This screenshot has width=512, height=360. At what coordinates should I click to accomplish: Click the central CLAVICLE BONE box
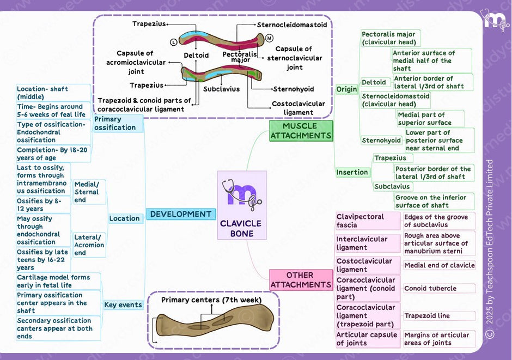(x=242, y=205)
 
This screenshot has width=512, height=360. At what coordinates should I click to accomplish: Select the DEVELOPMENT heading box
(x=180, y=214)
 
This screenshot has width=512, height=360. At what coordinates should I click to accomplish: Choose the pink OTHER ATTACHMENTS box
(x=301, y=280)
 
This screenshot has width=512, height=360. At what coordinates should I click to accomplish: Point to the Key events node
(x=123, y=305)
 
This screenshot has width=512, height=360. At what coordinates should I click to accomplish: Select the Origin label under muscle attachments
(x=346, y=89)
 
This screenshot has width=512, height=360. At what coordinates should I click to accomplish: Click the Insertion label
(x=352, y=172)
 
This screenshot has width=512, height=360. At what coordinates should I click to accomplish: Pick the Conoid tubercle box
(x=430, y=289)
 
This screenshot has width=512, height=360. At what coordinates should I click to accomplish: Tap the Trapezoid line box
(x=427, y=316)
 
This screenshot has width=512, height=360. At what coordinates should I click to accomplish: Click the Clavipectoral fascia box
(x=360, y=221)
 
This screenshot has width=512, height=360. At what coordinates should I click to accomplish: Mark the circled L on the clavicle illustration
(x=173, y=41)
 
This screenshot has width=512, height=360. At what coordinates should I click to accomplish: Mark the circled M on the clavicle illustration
(x=269, y=38)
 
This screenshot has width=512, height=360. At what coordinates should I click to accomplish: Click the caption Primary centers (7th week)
(x=211, y=300)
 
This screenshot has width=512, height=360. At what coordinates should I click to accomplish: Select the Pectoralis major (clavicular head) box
(x=389, y=38)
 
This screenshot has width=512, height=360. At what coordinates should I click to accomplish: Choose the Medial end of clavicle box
(x=439, y=265)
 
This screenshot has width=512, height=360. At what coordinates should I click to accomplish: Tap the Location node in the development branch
(x=125, y=218)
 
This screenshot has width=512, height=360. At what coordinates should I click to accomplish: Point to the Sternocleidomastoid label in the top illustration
(x=292, y=25)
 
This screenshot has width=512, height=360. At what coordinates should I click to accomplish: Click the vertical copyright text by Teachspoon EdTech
(x=490, y=248)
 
